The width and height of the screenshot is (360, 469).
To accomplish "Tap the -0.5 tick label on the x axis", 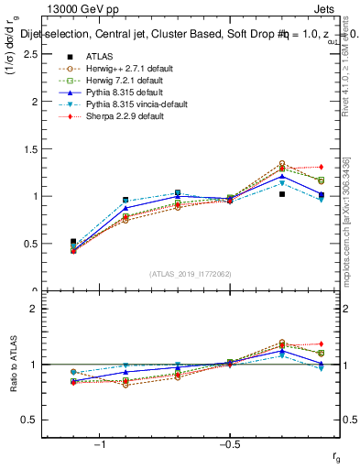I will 228,444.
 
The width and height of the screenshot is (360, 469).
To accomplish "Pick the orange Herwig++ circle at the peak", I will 282,163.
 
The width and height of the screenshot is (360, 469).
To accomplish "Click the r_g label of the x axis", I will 337,454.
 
